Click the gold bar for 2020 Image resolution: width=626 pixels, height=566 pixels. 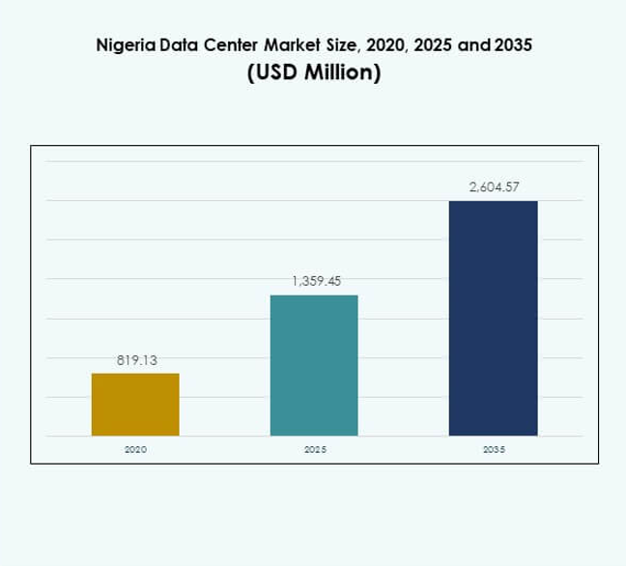[135, 404]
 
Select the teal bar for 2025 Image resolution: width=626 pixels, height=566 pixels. [314, 365]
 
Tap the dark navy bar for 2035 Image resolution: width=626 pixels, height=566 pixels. [493, 318]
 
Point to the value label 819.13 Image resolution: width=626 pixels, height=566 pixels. [136, 360]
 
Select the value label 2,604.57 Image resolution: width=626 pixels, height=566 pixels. [495, 187]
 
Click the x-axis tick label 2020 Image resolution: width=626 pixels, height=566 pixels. [136, 450]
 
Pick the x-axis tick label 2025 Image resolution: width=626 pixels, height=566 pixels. [315, 450]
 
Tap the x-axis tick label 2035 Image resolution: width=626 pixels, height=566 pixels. [494, 450]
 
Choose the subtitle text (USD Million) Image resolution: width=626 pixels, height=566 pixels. [313, 73]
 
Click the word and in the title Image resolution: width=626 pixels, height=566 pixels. [471, 44]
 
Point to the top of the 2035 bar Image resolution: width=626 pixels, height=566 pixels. [493, 202]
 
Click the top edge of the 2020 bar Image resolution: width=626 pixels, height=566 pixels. [135, 374]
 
